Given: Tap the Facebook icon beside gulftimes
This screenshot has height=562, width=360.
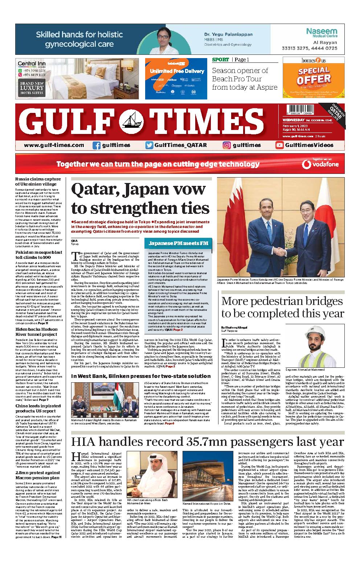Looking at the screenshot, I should point(97,145).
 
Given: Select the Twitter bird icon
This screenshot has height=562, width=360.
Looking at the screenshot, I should point(149,145).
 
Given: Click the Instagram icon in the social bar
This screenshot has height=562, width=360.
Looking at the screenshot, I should point(227,145).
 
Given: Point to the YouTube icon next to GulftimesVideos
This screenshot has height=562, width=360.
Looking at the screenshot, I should point(279,145).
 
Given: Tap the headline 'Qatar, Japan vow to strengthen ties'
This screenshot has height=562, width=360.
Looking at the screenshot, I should point(140,199).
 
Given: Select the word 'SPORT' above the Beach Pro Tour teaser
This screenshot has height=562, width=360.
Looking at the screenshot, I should point(220,60).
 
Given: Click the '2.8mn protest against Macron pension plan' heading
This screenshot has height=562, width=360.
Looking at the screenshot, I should point(38,475).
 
